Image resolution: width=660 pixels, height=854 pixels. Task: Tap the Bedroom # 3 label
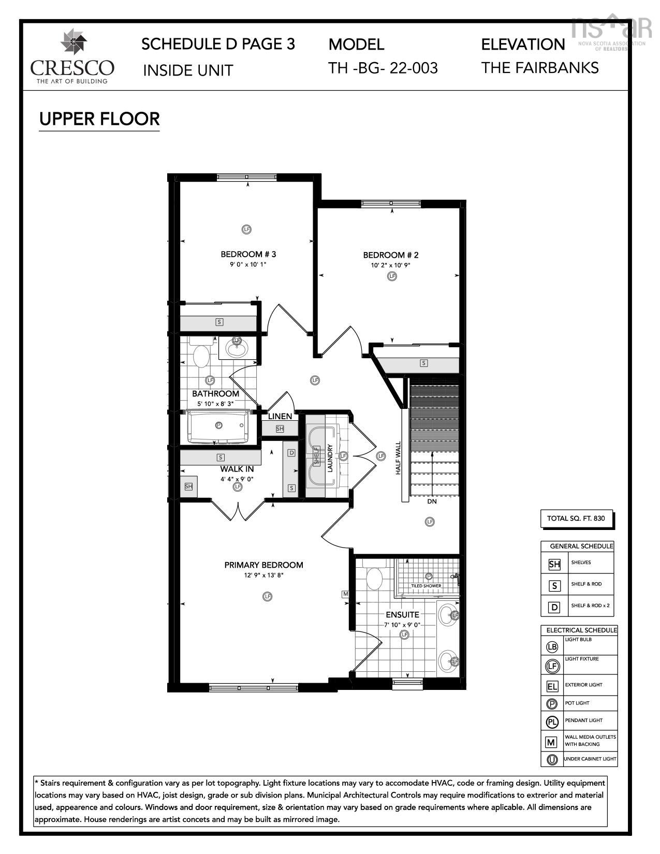[248, 254]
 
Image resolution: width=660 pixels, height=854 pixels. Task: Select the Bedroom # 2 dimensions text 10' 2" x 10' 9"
[390, 265]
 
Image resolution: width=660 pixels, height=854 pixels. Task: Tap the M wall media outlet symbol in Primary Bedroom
[346, 594]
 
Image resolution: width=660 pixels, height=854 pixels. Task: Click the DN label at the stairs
[432, 502]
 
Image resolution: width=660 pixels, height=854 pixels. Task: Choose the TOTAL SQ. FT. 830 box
[576, 518]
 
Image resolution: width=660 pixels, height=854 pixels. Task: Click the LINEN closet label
[280, 416]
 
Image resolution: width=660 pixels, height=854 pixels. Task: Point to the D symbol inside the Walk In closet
[291, 453]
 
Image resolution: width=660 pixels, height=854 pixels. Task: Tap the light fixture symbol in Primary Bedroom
[267, 596]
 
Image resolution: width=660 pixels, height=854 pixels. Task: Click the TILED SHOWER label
[426, 586]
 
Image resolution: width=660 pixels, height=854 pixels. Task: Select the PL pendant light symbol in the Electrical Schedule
[552, 722]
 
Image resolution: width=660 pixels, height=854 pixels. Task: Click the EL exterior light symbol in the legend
[552, 686]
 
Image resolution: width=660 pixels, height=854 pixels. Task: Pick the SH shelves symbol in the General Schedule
[554, 564]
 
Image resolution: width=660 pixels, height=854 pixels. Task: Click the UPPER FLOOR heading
[99, 119]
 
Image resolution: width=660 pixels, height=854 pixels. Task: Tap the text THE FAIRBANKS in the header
[539, 68]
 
